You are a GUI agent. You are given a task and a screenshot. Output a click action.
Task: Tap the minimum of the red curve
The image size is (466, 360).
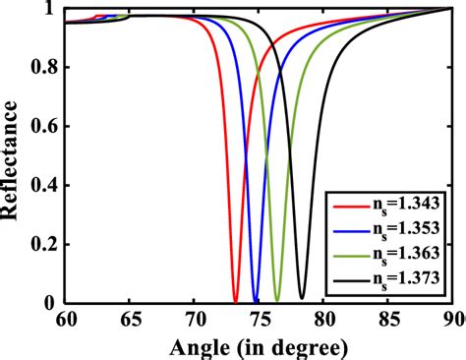click(x=235, y=301)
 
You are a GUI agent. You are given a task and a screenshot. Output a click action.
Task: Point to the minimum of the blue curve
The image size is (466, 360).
click(x=256, y=301)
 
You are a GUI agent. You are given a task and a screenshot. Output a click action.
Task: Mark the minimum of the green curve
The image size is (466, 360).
click(x=277, y=301)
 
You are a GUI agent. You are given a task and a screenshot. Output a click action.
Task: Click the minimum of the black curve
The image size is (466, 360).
click(x=302, y=297)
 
